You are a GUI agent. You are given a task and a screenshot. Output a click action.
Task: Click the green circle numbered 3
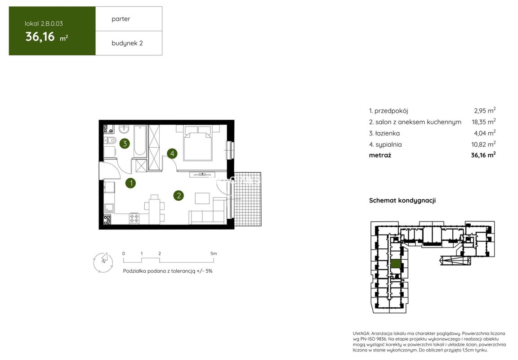click(x=125, y=144)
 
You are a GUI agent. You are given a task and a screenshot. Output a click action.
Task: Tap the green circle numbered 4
click(x=172, y=153)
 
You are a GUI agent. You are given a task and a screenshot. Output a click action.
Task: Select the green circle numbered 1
click(x=131, y=183)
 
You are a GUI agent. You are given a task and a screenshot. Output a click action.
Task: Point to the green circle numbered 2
click(x=179, y=195)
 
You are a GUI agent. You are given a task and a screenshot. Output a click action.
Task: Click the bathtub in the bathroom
click(x=140, y=141)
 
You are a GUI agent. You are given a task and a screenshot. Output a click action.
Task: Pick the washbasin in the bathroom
click(x=124, y=128)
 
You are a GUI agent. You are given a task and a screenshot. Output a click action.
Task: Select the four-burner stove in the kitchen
click(x=134, y=218)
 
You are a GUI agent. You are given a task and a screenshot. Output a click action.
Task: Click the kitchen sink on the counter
click(x=109, y=208)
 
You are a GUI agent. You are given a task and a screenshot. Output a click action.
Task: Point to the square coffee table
click(x=202, y=198)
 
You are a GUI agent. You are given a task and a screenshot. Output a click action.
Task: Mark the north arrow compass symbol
click(x=103, y=262)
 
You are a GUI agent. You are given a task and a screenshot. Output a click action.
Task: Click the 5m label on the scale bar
click(x=214, y=253)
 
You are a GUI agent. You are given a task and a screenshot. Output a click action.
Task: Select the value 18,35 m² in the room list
click(x=484, y=121)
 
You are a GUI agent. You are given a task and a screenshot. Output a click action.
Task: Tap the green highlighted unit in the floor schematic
click(x=396, y=264)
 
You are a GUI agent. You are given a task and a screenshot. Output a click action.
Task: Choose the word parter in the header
click(x=121, y=19)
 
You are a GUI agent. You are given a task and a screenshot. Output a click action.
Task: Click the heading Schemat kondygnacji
click(x=402, y=200)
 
